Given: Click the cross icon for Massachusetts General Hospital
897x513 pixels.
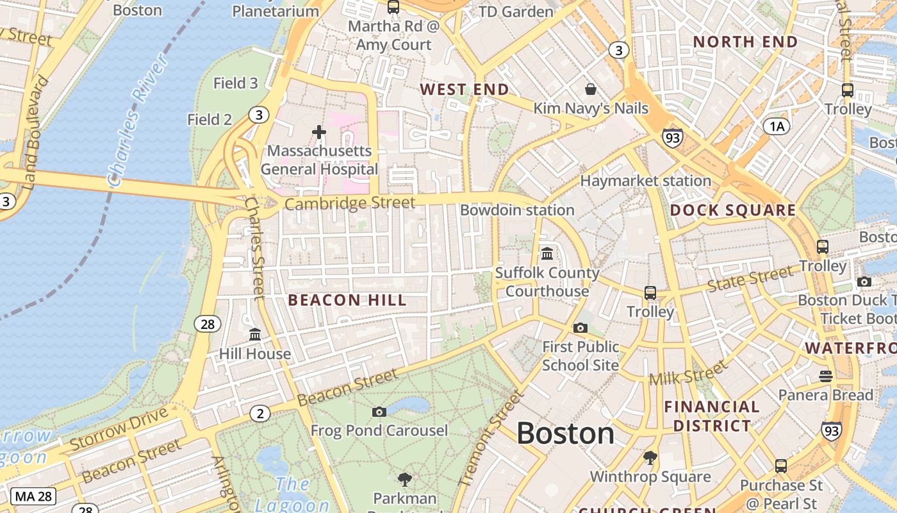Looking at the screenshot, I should (x=319, y=132).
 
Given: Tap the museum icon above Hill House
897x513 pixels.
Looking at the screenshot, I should (x=255, y=335).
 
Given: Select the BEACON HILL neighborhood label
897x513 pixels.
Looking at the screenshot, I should (x=347, y=300).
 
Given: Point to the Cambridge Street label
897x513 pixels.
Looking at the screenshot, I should (x=350, y=204).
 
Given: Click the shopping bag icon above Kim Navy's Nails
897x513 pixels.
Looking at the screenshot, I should (x=590, y=89).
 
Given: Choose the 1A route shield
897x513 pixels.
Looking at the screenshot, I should (x=777, y=126).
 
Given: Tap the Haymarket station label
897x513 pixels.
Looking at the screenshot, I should (x=645, y=181).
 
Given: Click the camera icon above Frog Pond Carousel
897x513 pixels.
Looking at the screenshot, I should (x=379, y=412).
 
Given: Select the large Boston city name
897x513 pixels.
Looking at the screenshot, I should (x=565, y=433).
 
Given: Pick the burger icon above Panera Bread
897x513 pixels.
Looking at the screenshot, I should (x=825, y=376).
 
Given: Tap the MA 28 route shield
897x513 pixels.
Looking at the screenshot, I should (x=34, y=496).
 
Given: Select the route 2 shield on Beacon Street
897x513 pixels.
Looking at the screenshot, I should (x=259, y=414).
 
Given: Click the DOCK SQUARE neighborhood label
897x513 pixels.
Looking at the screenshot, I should (x=732, y=210).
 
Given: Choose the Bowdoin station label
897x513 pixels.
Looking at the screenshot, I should (x=517, y=210).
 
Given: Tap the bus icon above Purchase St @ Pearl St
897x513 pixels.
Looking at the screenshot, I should (x=780, y=466).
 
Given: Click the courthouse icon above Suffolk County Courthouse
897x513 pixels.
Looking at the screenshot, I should (x=547, y=254).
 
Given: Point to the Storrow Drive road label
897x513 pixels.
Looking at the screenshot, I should (x=119, y=432).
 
